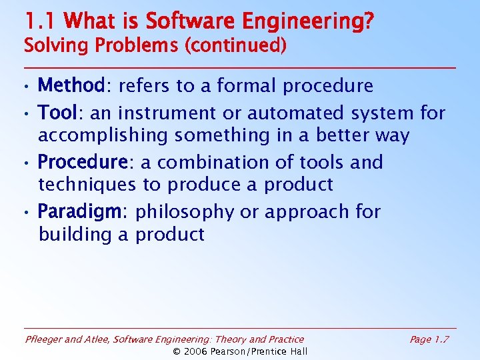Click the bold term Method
(70, 86)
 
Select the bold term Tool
(58, 113)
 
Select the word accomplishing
(103, 135)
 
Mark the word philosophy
(186, 212)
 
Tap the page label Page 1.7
(429, 339)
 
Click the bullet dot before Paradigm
(26, 213)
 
